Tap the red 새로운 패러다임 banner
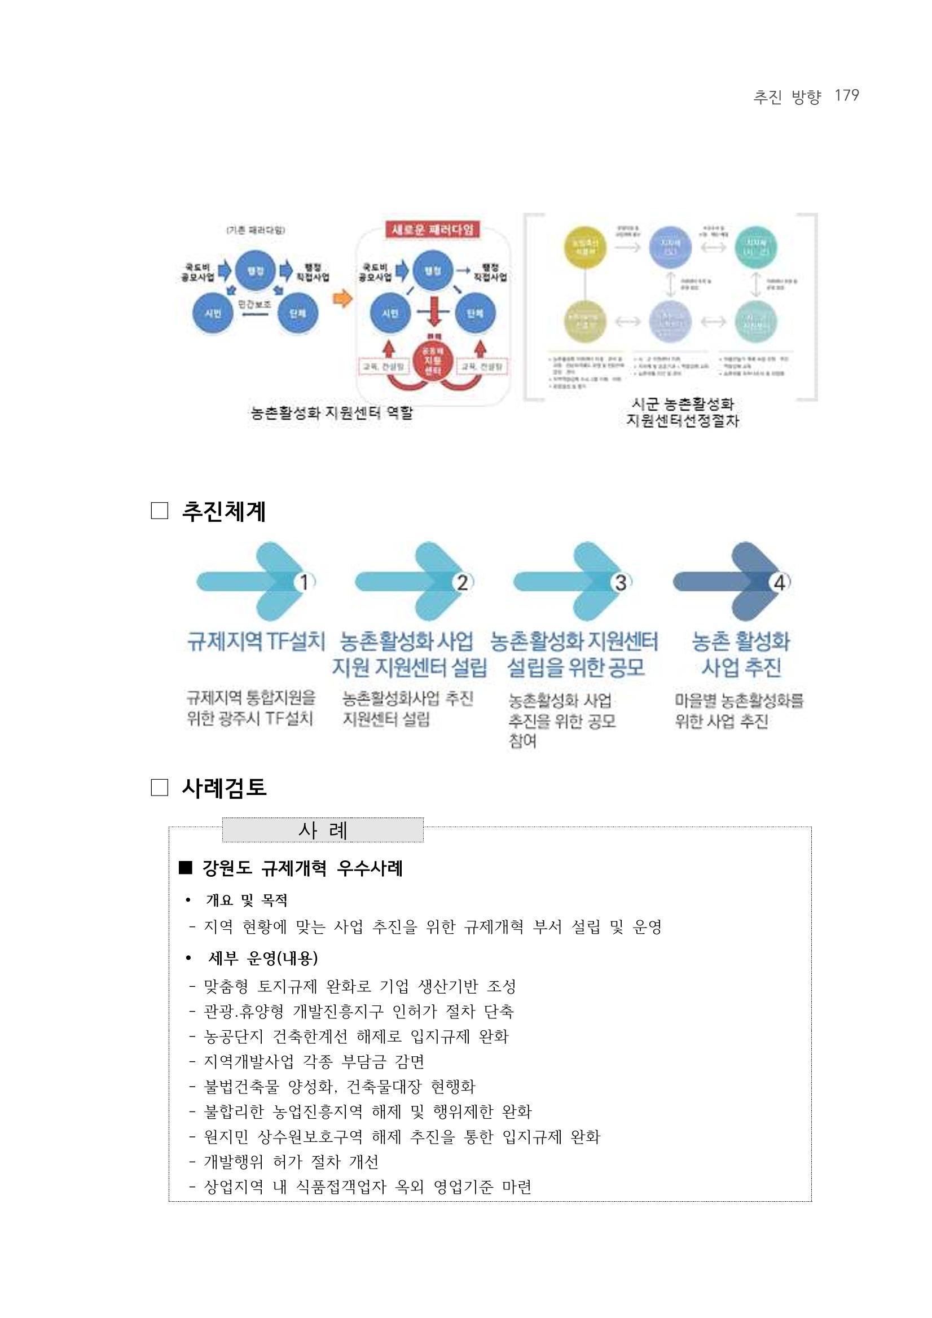click(x=433, y=230)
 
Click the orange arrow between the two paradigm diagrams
click(x=342, y=299)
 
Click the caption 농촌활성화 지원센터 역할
click(x=332, y=413)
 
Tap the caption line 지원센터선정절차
click(x=683, y=421)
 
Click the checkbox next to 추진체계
click(x=160, y=511)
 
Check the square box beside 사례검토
click(x=160, y=788)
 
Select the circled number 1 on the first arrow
click(x=305, y=583)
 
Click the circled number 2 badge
click(x=463, y=583)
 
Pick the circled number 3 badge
click(x=621, y=583)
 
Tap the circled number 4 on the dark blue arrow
click(x=779, y=583)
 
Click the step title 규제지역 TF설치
click(x=256, y=641)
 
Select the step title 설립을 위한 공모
click(x=575, y=667)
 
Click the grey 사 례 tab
click(x=323, y=830)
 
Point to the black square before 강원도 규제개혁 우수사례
click(x=185, y=868)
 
